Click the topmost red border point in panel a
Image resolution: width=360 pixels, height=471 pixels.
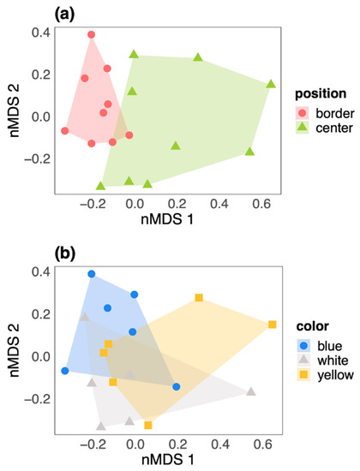click(92, 35)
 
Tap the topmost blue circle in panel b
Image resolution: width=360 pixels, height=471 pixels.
click(92, 274)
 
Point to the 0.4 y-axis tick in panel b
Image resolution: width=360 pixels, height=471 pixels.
click(30, 273)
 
